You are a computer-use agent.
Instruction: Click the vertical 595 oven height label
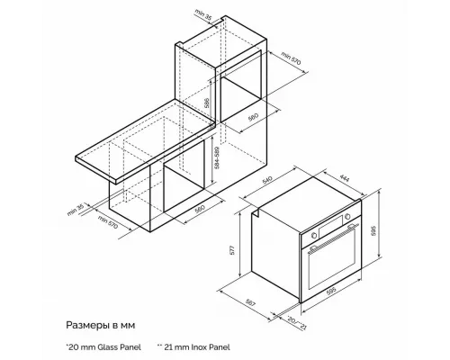coord(382,229)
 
